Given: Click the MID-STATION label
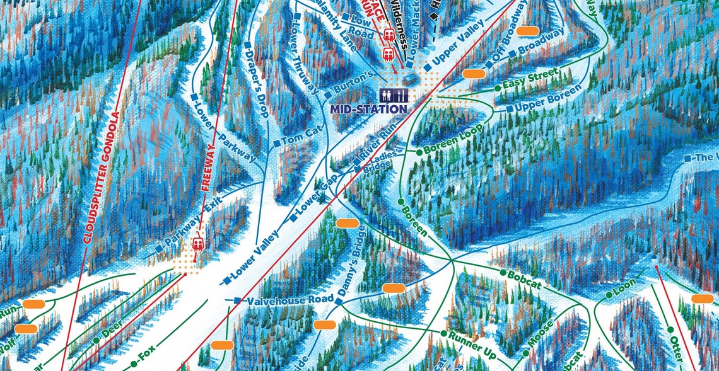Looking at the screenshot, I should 368,109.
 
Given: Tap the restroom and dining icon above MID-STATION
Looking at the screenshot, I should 394,95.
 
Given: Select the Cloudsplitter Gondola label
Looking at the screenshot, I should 102,177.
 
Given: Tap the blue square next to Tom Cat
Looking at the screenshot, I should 276,143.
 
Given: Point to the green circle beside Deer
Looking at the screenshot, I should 96,340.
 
